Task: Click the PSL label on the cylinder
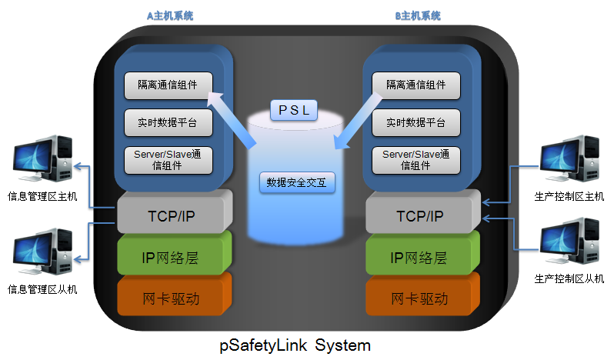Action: click(293, 110)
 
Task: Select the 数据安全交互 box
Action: click(295, 182)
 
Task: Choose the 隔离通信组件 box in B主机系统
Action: click(416, 85)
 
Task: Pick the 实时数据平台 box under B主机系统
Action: click(416, 122)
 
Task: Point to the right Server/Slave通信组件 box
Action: click(416, 159)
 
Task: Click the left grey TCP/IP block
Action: click(173, 215)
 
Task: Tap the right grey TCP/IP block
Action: click(422, 215)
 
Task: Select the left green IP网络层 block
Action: click(173, 258)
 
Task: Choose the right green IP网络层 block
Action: click(422, 258)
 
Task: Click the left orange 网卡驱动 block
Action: click(173, 298)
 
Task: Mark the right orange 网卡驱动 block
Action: click(422, 298)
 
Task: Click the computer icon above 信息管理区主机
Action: click(42, 160)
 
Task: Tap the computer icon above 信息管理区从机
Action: click(42, 252)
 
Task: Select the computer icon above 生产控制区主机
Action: click(569, 160)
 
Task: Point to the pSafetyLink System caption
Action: click(295, 344)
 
